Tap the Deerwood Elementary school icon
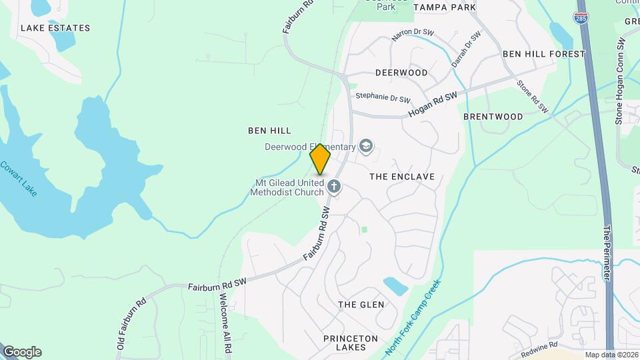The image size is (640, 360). (x=365, y=145)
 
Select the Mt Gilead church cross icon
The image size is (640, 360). (x=334, y=186)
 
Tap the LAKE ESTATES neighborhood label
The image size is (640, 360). (x=55, y=28)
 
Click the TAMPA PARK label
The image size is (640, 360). (x=445, y=7)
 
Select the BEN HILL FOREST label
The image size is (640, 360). (x=543, y=53)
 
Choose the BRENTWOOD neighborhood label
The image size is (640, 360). (x=493, y=117)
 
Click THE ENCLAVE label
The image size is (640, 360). (x=401, y=177)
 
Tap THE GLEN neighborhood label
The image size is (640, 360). (x=361, y=305)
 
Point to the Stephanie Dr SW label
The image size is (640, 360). (x=383, y=97)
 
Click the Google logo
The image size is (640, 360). (x=22, y=351)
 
